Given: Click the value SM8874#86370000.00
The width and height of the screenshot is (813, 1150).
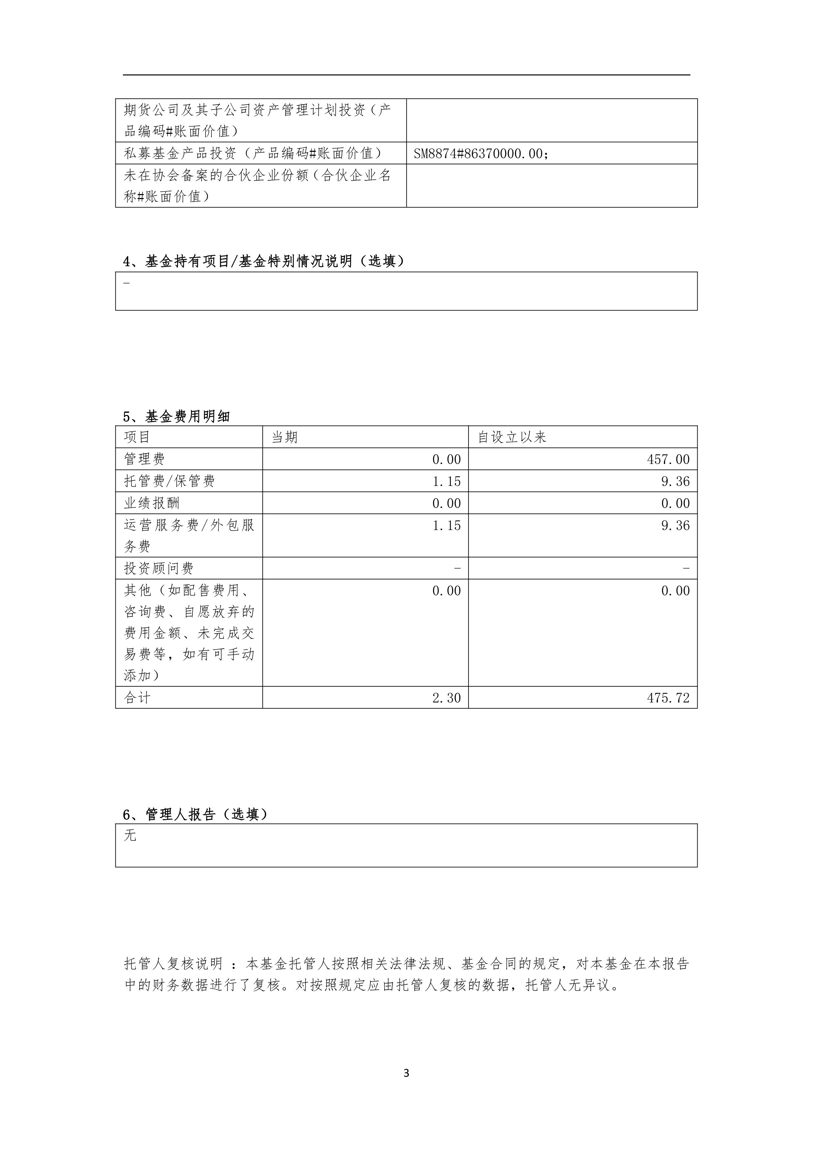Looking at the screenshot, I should [481, 154].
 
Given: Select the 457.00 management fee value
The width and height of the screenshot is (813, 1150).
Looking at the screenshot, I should [668, 459].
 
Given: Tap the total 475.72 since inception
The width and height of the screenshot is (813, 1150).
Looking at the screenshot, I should [668, 698].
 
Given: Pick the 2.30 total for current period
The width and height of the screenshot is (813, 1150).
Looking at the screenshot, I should [446, 698].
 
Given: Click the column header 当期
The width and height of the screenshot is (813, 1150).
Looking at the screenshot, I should [284, 437].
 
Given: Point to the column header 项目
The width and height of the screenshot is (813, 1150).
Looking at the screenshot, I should [137, 437].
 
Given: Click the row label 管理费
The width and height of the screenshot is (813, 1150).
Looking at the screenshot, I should [144, 459].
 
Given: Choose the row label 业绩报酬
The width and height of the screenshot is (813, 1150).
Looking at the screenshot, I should [152, 503].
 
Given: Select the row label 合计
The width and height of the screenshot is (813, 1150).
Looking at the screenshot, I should [137, 698].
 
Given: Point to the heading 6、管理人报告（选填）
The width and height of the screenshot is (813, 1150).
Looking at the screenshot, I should [195, 815].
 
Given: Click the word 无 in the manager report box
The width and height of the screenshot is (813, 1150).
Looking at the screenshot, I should [130, 836].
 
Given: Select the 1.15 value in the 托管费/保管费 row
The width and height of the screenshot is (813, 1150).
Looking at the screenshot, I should [446, 481].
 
